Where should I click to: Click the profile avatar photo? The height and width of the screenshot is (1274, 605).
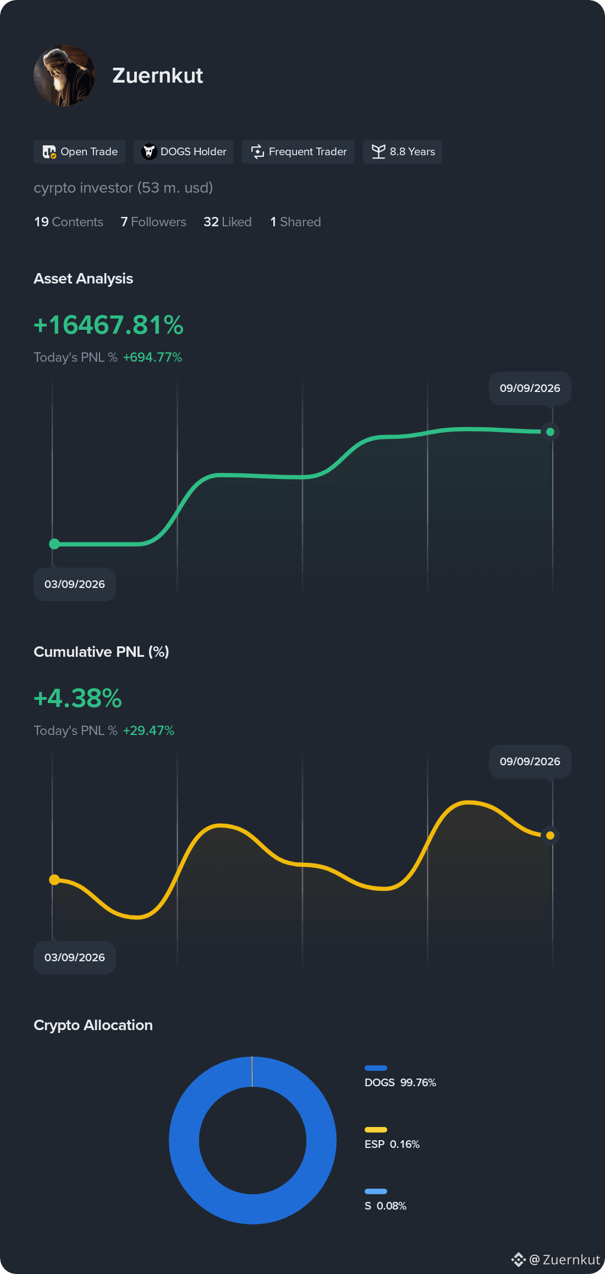coord(64,75)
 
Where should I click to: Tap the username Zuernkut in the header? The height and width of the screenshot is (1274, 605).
coord(158,75)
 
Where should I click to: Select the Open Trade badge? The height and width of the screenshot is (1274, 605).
coord(80,151)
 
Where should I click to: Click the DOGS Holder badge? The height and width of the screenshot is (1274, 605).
coord(184,151)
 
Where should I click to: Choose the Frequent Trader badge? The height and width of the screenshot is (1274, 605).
coord(298,151)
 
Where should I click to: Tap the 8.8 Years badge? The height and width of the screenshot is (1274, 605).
coord(403,151)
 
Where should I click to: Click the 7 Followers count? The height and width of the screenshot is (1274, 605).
coord(153,222)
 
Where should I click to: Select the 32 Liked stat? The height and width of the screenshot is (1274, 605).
coord(228,222)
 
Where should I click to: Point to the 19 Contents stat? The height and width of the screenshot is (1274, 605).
coord(69,222)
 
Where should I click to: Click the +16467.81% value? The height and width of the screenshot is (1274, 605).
coord(108,325)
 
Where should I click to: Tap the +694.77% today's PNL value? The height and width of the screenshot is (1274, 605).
coord(152,357)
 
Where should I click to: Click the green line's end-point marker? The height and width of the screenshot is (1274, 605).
coord(550,432)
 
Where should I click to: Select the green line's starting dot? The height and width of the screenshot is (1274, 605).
coord(54,544)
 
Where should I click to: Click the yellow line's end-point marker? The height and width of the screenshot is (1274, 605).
coord(550,835)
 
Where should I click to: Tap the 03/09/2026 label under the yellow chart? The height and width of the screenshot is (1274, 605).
coord(75,957)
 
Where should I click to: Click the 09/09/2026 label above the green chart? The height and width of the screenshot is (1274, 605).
coord(530,388)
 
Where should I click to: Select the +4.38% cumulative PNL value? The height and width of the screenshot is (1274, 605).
coord(78,698)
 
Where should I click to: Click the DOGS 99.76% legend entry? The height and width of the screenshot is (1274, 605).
coord(400,1077)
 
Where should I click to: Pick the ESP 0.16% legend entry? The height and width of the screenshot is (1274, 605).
coord(392,1139)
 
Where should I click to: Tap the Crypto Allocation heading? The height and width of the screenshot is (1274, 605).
coord(93,1025)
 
